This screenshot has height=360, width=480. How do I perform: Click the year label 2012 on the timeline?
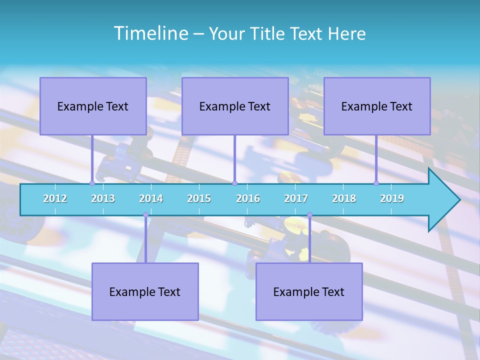[x=55, y=198]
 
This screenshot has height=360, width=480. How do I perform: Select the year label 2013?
[x=103, y=198]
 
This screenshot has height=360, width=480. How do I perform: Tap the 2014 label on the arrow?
[x=151, y=198]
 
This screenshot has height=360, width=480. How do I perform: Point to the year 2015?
[x=199, y=198]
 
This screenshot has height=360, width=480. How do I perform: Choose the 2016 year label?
[x=248, y=198]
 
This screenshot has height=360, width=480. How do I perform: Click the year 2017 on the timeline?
[x=296, y=198]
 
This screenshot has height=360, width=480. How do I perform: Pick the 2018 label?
[x=344, y=198]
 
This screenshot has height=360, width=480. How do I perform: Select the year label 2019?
[x=392, y=198]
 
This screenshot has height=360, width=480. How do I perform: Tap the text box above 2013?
[x=93, y=106]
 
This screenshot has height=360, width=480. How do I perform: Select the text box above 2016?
[x=235, y=106]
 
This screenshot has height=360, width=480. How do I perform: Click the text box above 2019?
[x=377, y=106]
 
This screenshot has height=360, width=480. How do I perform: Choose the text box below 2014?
[x=145, y=291]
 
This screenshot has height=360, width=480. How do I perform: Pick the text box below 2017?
[x=309, y=291]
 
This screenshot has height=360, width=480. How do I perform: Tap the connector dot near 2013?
[x=92, y=183]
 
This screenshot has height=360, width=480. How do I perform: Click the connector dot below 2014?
[x=145, y=215]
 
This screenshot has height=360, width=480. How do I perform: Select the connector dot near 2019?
[x=376, y=183]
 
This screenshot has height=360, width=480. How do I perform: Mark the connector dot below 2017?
[x=309, y=215]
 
